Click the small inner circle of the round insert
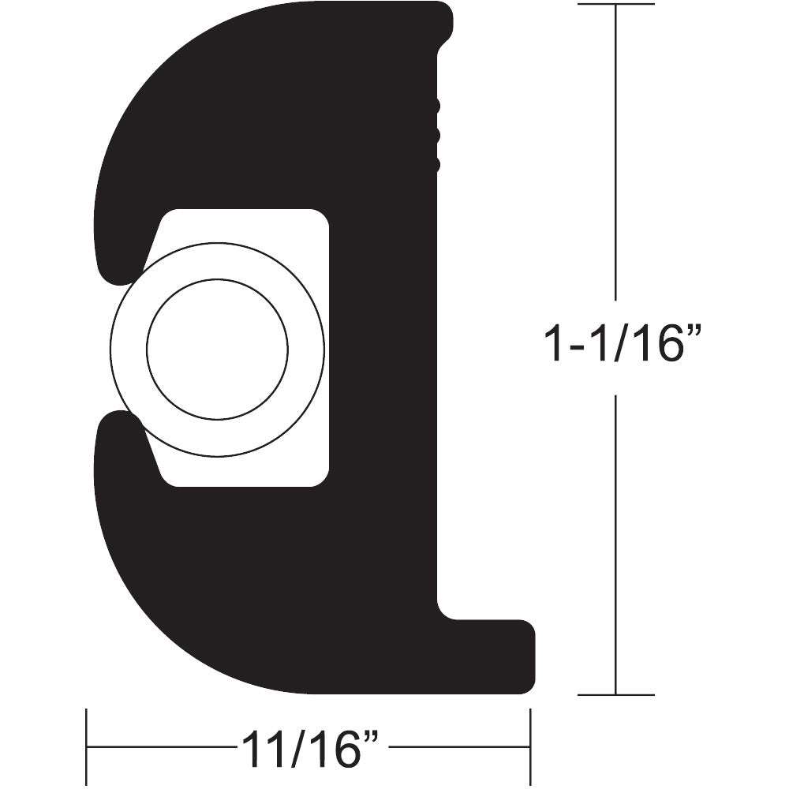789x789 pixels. [x=217, y=347]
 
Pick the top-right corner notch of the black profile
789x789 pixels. [x=446, y=36]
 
